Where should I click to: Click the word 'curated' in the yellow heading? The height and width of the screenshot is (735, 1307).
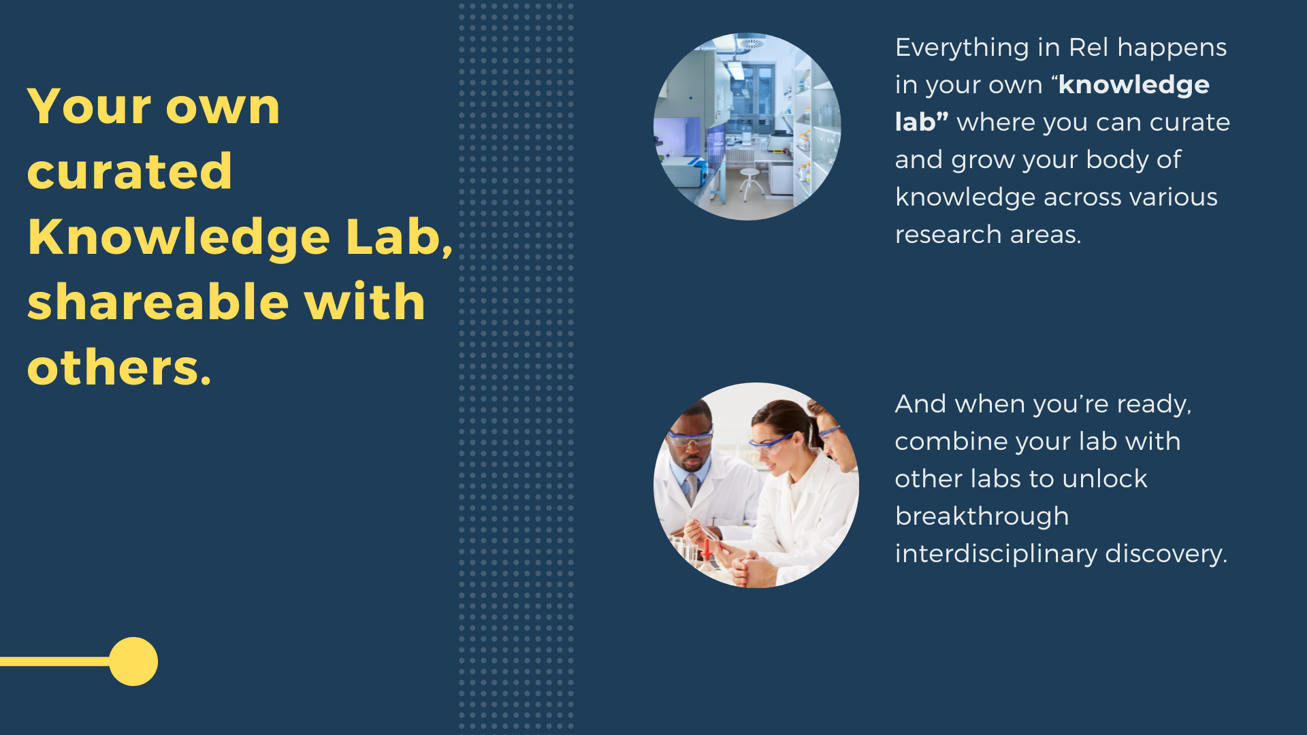pos(129,171)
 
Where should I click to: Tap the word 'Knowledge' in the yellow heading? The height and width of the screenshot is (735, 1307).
pos(179,238)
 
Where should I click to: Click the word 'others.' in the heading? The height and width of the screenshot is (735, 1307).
pos(119,367)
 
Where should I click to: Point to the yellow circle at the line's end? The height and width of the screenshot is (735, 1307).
pos(133,661)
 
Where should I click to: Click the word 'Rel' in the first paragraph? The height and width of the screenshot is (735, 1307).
pos(1088,48)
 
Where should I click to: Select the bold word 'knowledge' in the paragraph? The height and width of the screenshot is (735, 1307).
pos(1134,86)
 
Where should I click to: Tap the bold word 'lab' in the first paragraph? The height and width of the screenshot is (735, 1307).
pos(915,122)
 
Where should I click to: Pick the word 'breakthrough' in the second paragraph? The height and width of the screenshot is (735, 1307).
pos(982,517)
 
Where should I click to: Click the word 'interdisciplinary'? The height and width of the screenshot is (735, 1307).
pos(996,555)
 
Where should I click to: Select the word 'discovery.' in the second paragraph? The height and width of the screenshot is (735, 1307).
pos(1166,554)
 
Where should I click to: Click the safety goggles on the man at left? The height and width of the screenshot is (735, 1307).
pos(690,438)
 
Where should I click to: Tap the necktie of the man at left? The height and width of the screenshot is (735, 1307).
pos(692,489)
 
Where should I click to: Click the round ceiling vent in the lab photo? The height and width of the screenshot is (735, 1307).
pos(752,44)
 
